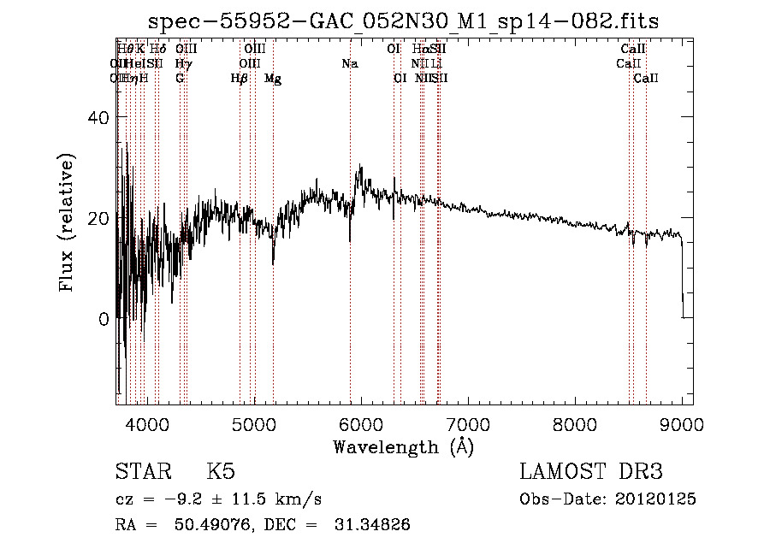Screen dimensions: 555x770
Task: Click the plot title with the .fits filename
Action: [x=404, y=21]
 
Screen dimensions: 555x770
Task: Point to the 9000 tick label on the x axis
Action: [x=682, y=424]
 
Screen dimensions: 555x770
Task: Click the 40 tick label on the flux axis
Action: [x=99, y=118]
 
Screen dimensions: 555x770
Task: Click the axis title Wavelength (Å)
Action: [x=403, y=446]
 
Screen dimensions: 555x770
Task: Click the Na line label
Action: [x=349, y=64]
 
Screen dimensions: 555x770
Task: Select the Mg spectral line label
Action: [x=273, y=79]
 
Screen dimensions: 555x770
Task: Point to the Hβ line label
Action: [x=240, y=79]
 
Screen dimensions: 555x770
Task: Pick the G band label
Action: [x=180, y=79]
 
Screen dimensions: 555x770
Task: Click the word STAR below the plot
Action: [x=140, y=472]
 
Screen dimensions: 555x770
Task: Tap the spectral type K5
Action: [x=221, y=472]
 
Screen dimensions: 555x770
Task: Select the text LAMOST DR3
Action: [x=591, y=472]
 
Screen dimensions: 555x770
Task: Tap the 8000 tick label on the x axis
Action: [x=575, y=424]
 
